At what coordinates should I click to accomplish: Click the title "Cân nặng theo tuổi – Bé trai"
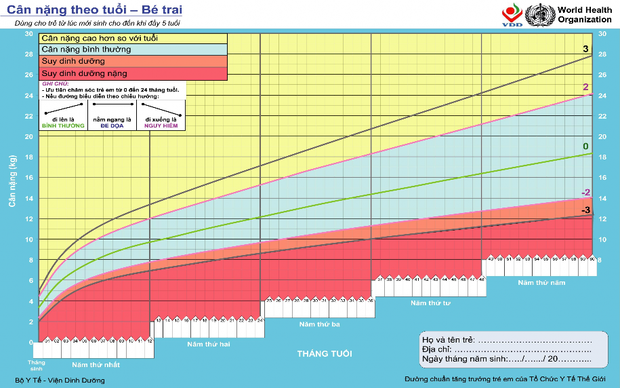(94, 11)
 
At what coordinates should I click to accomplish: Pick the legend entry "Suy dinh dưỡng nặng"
(84, 73)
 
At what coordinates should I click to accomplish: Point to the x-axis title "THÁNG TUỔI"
(324, 354)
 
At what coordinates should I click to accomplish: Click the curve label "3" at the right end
(585, 49)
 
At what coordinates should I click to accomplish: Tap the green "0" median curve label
(585, 147)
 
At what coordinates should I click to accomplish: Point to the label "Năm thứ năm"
(541, 282)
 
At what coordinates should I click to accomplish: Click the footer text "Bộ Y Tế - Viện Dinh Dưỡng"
(60, 380)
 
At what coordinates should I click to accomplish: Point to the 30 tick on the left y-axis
(28, 33)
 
